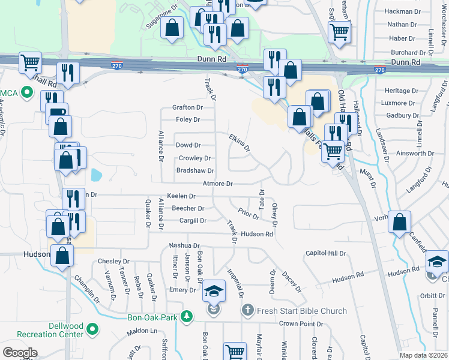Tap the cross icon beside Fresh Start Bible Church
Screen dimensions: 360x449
click(247, 310)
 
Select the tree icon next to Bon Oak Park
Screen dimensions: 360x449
click(187, 316)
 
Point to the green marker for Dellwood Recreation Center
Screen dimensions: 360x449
click(92, 329)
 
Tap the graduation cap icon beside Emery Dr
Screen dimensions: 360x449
click(213, 291)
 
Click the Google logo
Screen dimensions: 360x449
click(20, 353)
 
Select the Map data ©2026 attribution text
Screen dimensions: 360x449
click(423, 355)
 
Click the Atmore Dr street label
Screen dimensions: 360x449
click(217, 184)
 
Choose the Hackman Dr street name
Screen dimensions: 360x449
click(402, 11)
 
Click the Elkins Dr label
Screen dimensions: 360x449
click(239, 142)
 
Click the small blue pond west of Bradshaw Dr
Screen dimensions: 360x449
click(95, 175)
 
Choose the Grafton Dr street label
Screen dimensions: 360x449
click(187, 107)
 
